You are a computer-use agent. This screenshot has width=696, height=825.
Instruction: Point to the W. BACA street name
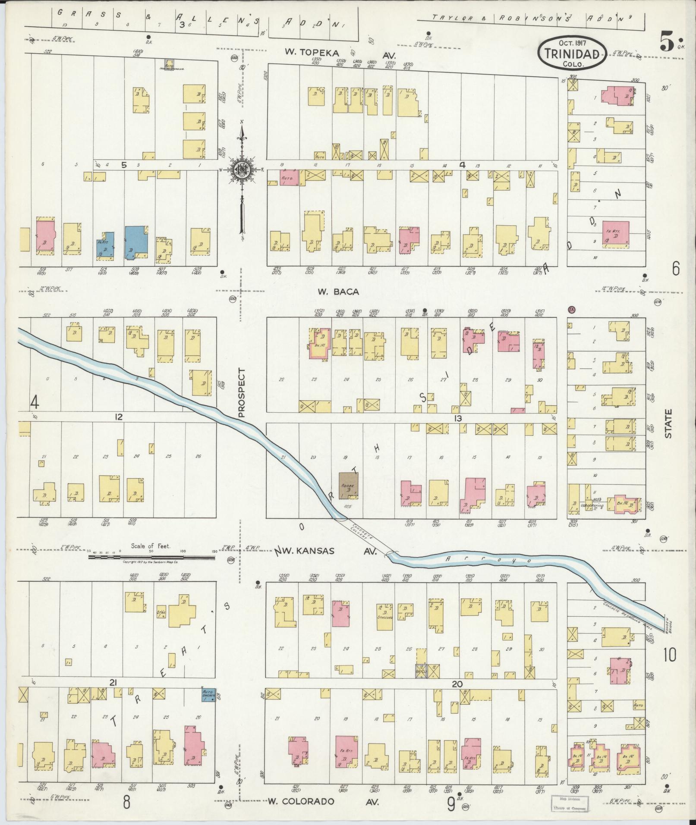(338, 292)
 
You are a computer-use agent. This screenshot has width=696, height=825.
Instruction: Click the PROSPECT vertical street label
(241, 392)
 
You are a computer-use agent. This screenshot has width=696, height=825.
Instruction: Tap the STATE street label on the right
(668, 424)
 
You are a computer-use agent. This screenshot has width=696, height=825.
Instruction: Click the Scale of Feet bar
(151, 557)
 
